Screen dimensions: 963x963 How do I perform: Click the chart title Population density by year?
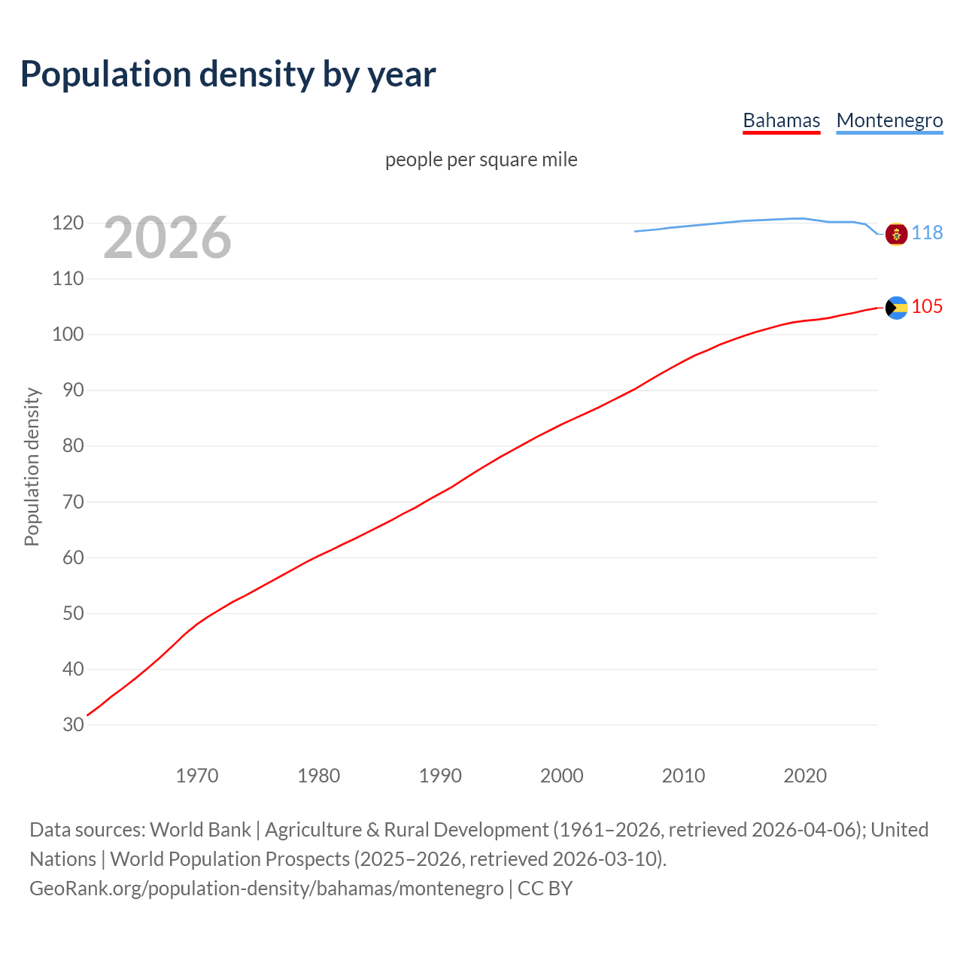coord(228,74)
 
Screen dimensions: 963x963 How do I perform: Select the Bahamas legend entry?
coord(781,120)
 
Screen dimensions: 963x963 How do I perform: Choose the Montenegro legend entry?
coord(889,120)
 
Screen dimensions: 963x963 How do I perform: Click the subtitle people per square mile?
coord(481,159)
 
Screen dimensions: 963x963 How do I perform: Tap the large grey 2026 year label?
coord(167,238)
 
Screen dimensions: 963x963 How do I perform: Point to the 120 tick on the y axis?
coord(68,223)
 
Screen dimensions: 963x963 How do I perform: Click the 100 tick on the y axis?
coord(68,334)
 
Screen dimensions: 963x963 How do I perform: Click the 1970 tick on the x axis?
coord(197,776)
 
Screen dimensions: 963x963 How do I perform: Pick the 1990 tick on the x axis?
coord(440,776)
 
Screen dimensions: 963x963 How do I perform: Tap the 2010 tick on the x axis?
coord(683,776)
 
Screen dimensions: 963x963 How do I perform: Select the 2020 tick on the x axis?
coord(805,776)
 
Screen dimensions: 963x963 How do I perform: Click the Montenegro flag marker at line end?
coord(896,234)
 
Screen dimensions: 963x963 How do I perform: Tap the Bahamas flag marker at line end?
coord(896,307)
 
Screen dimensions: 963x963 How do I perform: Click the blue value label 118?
coord(927,232)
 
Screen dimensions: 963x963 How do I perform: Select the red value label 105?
coord(927,306)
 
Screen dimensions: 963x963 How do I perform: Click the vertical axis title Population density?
coord(32,466)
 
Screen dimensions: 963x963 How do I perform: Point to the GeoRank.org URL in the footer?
coord(266,889)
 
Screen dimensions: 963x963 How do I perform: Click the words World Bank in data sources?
coord(200,830)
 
